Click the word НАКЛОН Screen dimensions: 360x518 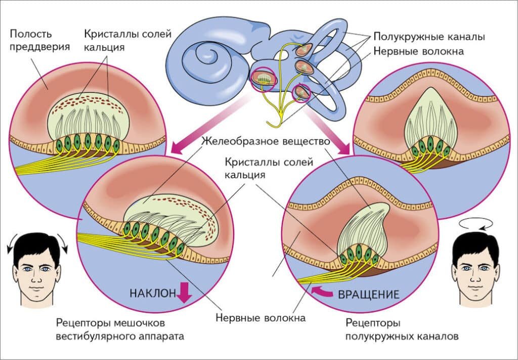(x=152, y=293)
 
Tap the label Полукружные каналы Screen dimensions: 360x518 (x=429, y=37)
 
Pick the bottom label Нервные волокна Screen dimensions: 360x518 (x=261, y=318)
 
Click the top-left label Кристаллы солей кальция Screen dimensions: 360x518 (x=127, y=41)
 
